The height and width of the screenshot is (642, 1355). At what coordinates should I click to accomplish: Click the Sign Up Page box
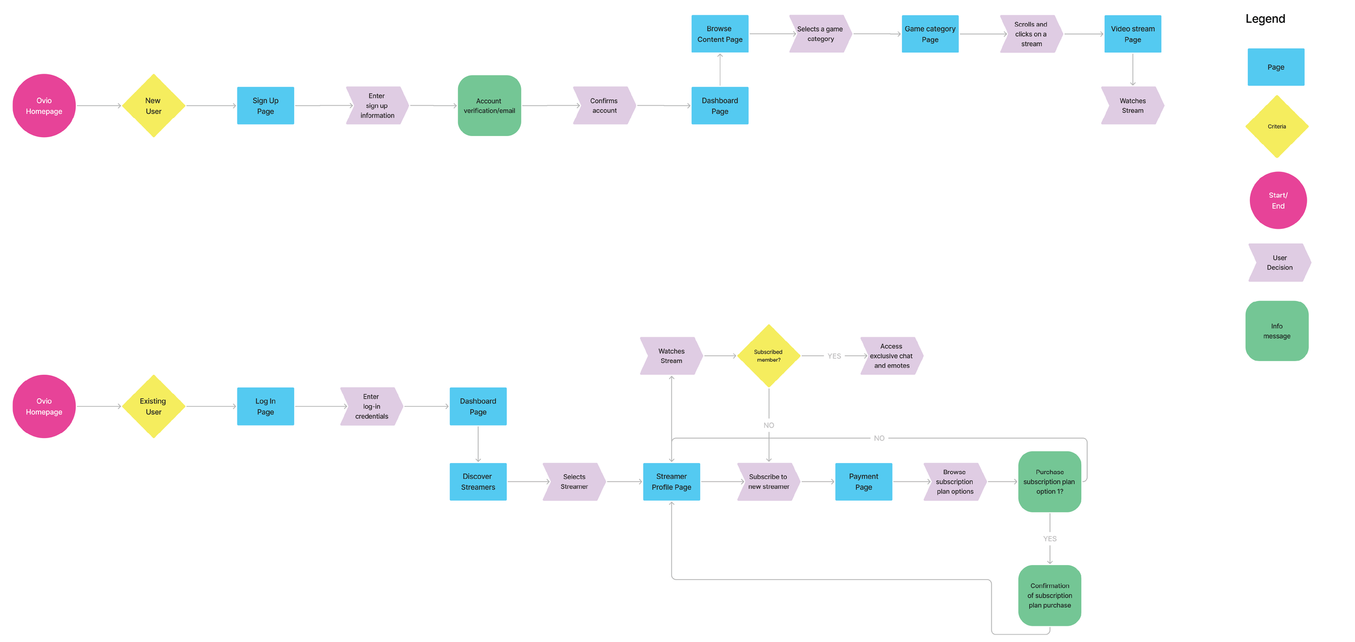tap(265, 106)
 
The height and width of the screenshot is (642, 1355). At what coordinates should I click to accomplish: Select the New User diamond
tap(153, 106)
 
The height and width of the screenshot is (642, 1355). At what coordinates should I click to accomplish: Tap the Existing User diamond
tap(153, 406)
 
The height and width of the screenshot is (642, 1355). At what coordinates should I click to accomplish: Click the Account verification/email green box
tap(489, 106)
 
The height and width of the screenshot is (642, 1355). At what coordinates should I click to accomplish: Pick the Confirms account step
tap(604, 106)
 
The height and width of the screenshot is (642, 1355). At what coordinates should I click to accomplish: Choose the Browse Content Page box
tap(719, 34)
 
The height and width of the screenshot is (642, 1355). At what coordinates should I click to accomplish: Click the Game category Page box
tap(930, 34)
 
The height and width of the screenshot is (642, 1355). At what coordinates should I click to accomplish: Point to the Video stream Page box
tap(1132, 34)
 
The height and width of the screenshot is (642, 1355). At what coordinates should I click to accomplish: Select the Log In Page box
tap(265, 406)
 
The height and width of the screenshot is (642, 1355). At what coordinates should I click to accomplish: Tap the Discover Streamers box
tap(478, 481)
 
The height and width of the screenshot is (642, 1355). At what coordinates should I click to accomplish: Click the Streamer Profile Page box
tap(671, 481)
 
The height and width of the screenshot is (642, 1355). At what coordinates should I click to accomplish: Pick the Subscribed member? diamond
tap(769, 356)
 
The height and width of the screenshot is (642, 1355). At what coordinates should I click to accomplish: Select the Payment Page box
tap(863, 481)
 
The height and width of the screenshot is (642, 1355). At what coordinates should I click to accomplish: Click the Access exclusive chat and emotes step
tap(891, 356)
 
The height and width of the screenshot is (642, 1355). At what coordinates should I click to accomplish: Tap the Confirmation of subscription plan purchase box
tap(1049, 595)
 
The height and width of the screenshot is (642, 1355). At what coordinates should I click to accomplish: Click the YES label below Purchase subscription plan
tap(1049, 538)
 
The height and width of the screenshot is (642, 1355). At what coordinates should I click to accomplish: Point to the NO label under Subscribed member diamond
tap(769, 425)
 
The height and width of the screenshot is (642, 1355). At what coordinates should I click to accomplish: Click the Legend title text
tap(1265, 19)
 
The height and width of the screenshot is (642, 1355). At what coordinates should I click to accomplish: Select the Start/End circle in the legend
tap(1277, 200)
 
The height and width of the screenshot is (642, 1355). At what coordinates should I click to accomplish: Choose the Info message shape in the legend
tap(1276, 331)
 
